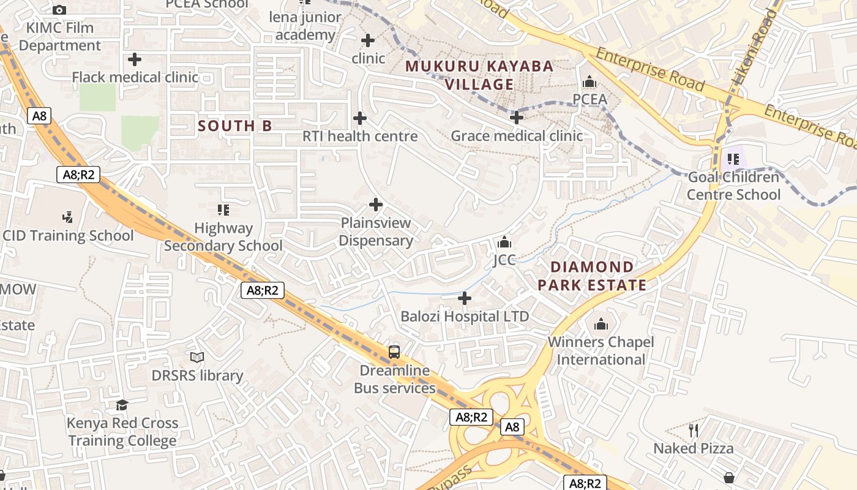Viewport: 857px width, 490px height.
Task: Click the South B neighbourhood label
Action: click(x=235, y=126)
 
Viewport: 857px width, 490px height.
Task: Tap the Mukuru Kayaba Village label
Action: click(x=479, y=75)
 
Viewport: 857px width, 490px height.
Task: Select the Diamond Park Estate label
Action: click(x=592, y=276)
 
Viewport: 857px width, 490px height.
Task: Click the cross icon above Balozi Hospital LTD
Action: click(x=465, y=298)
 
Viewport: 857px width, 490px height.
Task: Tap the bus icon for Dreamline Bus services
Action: click(x=394, y=352)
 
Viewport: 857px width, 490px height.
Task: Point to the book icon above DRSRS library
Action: click(x=197, y=357)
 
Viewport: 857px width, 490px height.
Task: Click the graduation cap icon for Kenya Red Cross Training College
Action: click(x=122, y=405)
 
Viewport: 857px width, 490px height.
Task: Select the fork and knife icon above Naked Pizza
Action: click(x=694, y=430)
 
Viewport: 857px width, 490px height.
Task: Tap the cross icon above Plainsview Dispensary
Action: click(x=376, y=205)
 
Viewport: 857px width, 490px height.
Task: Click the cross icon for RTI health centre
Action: click(x=360, y=118)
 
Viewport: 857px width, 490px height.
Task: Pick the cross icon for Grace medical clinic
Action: click(x=517, y=117)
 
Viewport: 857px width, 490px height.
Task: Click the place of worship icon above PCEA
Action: click(x=589, y=81)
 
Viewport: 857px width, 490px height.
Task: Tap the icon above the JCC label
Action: click(x=504, y=242)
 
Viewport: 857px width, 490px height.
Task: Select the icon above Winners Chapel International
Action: click(x=601, y=324)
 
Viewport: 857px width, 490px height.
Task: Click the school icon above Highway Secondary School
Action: click(x=223, y=210)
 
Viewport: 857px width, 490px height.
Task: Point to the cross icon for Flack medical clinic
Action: click(x=135, y=59)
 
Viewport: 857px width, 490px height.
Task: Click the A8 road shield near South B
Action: click(x=39, y=115)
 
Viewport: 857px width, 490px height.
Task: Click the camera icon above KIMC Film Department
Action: click(x=59, y=10)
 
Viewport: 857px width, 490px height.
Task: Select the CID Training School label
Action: click(x=68, y=236)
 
